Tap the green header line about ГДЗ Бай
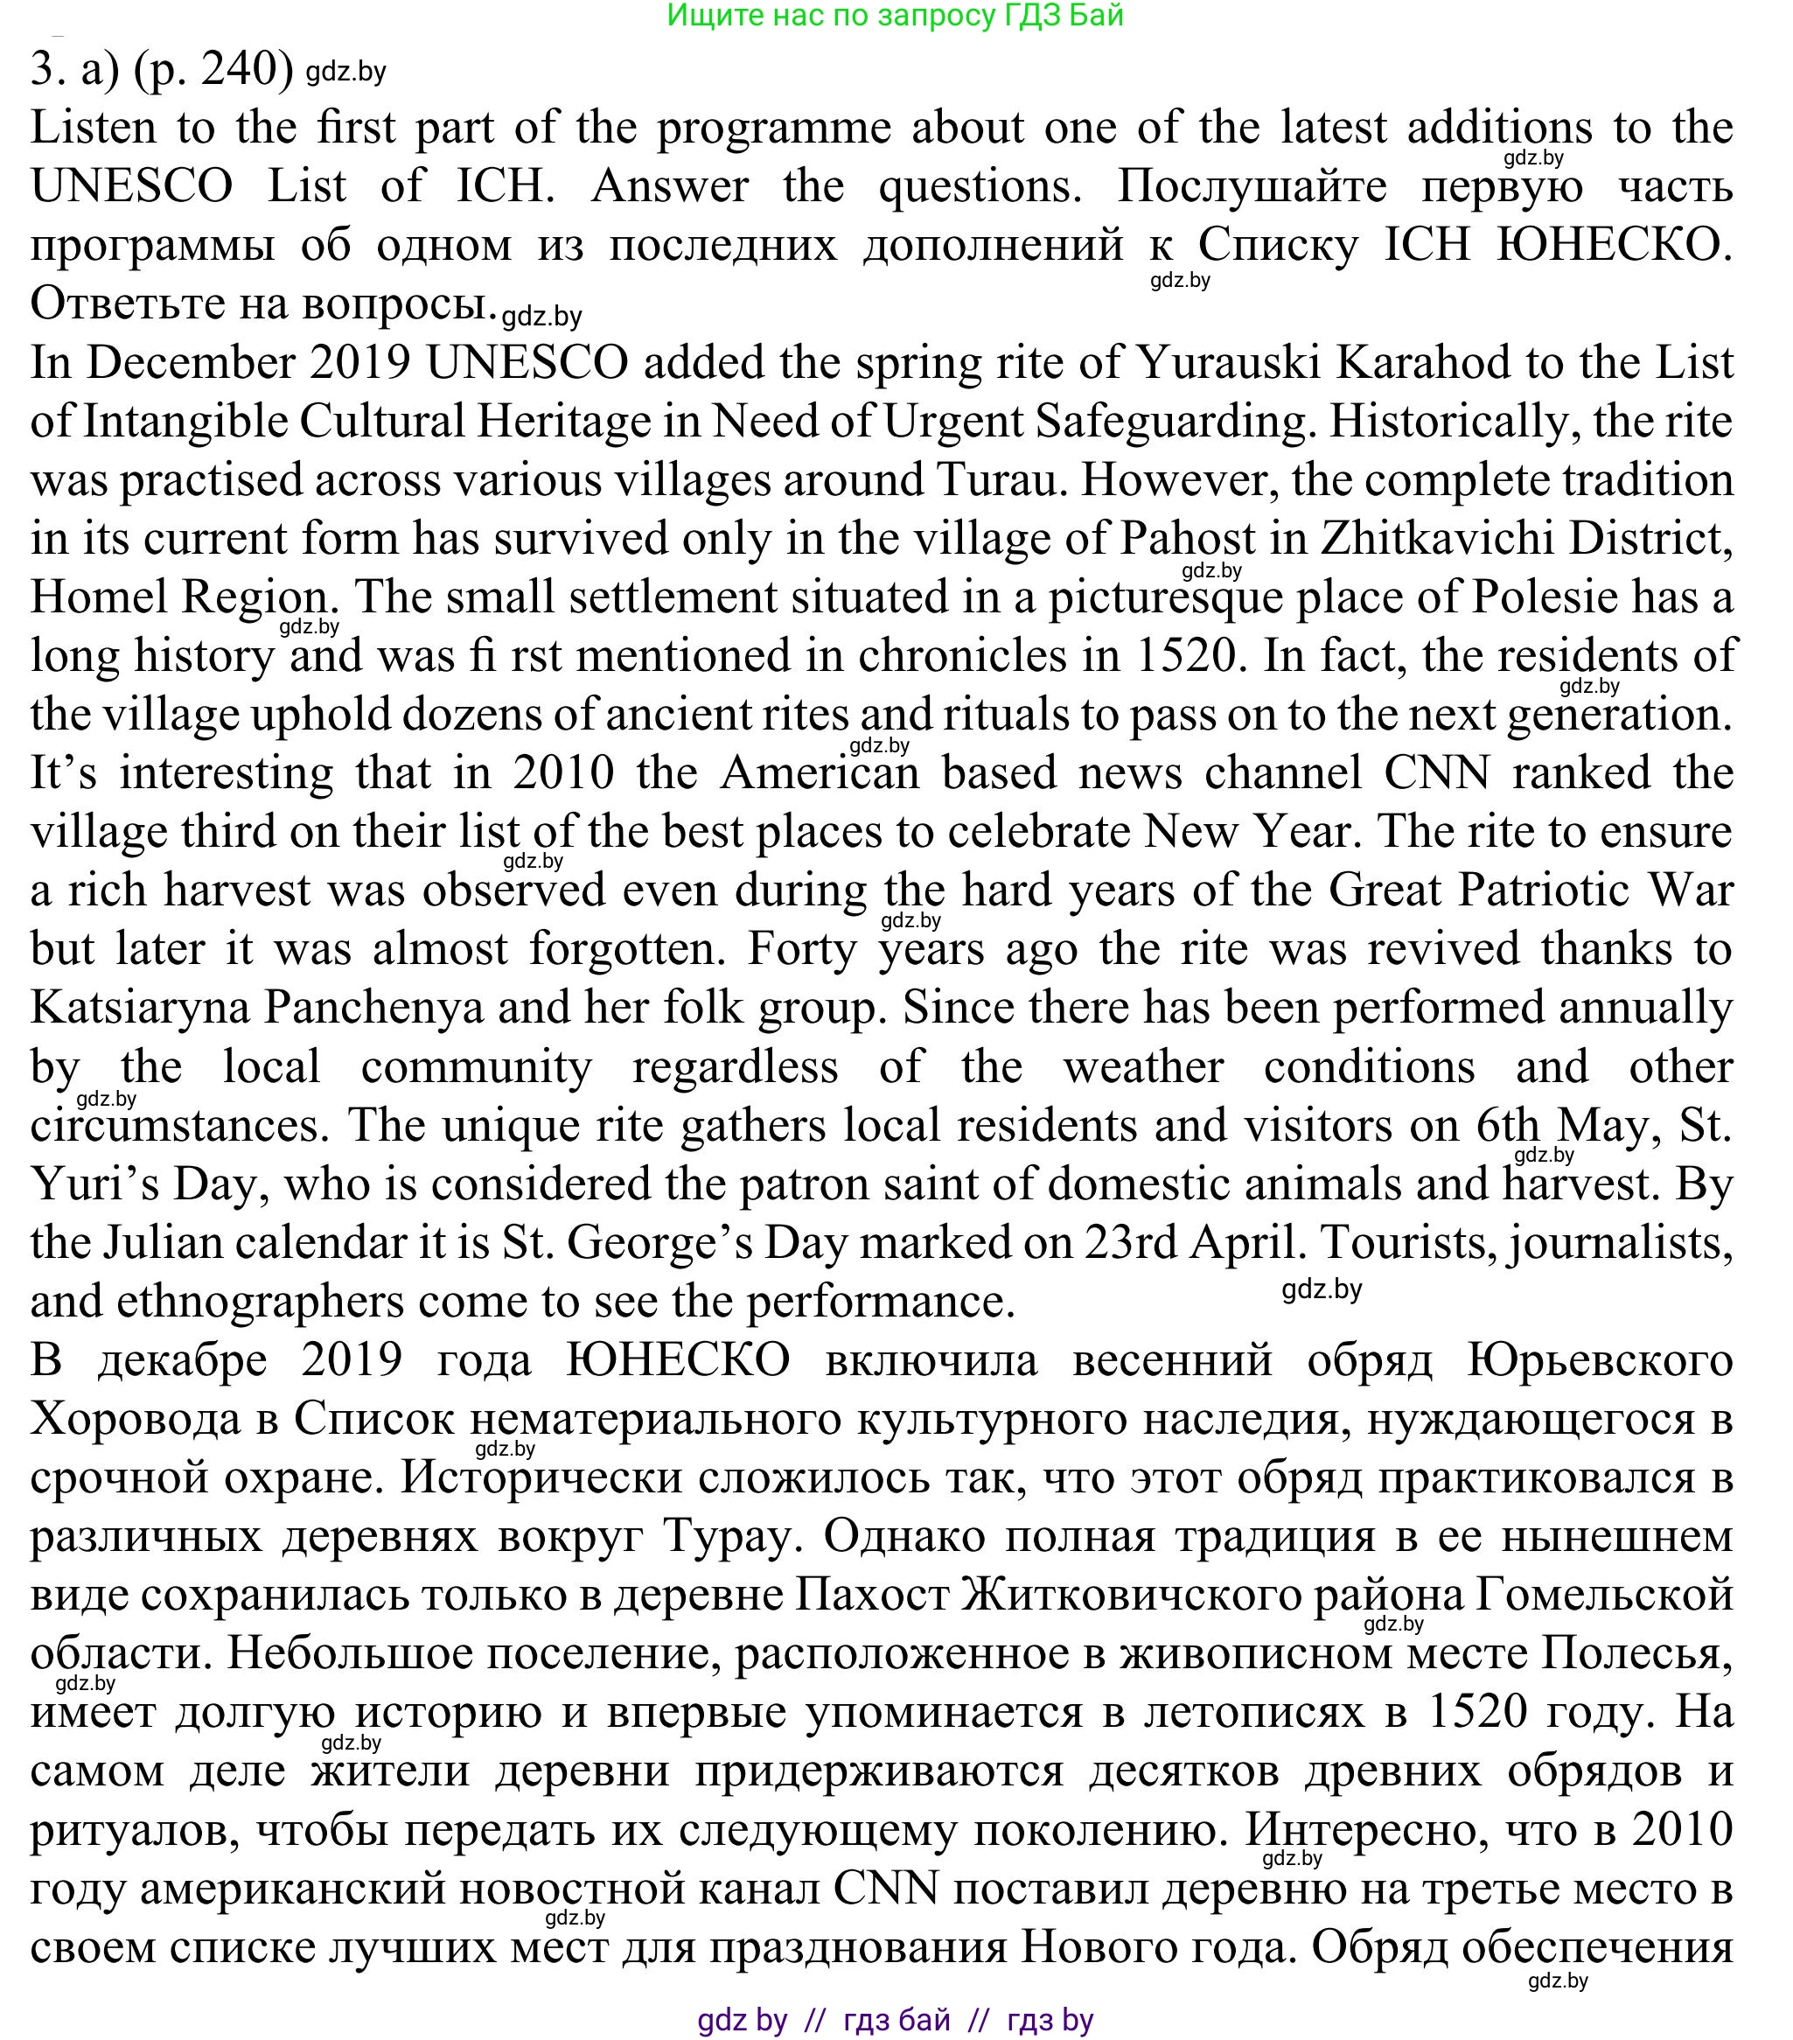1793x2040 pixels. click(895, 15)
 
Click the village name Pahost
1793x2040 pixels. click(1188, 539)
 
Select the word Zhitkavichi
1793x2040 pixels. click(1430, 539)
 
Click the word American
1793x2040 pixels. click(820, 773)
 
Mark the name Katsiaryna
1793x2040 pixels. click(140, 1008)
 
